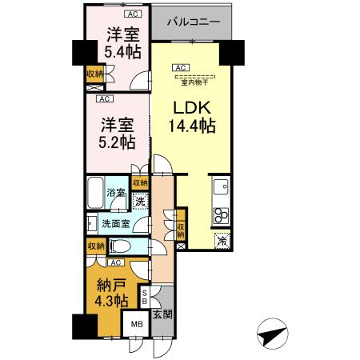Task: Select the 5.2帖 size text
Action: coord(118,142)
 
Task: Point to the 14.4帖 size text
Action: coord(191,126)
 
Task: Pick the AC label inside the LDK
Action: coord(182,67)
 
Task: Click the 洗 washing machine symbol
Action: coord(139,202)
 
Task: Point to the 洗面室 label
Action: coord(115,224)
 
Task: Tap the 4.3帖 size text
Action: coord(110,302)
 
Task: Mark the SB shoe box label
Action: coord(144,298)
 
